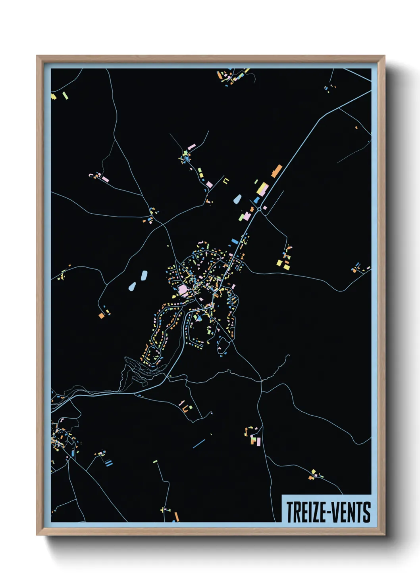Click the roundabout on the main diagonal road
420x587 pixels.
(x=259, y=209)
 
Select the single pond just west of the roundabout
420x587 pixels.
(x=237, y=199)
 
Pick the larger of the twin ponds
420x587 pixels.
(x=144, y=275)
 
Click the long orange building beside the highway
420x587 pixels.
(x=277, y=171)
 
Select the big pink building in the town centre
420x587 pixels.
(x=183, y=290)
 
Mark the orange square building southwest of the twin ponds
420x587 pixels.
(x=102, y=315)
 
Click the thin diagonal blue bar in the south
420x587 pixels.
(x=199, y=443)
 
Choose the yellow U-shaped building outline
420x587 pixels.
(x=226, y=180)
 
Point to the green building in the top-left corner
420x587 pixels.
(x=65, y=95)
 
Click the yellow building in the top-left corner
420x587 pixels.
(x=54, y=96)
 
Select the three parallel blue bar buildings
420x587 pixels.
(x=108, y=462)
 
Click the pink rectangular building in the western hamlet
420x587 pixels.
(x=105, y=179)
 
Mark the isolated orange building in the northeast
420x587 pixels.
(x=356, y=127)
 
